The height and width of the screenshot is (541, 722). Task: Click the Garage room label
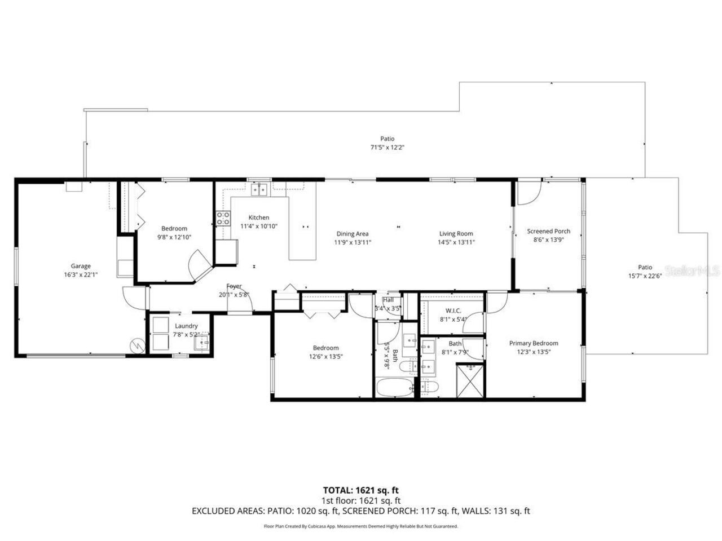(81, 266)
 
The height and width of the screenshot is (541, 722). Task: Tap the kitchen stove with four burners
(223, 218)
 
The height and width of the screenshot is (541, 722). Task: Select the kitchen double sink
(259, 189)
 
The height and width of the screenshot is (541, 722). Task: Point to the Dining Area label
(353, 234)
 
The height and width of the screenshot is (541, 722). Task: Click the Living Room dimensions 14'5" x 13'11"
(456, 242)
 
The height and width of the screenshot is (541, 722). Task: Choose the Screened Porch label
(548, 231)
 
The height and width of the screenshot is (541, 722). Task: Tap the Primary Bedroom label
(534, 343)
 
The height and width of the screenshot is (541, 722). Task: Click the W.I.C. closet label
(454, 311)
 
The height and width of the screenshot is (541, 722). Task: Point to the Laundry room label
(186, 326)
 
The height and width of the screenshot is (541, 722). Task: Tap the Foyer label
(234, 286)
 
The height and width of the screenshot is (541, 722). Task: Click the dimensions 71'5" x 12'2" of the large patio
(387, 147)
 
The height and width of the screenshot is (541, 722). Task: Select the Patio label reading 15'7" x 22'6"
(645, 268)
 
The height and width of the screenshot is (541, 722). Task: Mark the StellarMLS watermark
(693, 271)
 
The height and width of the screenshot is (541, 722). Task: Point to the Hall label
(388, 300)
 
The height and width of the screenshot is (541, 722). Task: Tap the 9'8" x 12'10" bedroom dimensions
(174, 237)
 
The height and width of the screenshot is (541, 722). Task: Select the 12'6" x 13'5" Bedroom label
(326, 348)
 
